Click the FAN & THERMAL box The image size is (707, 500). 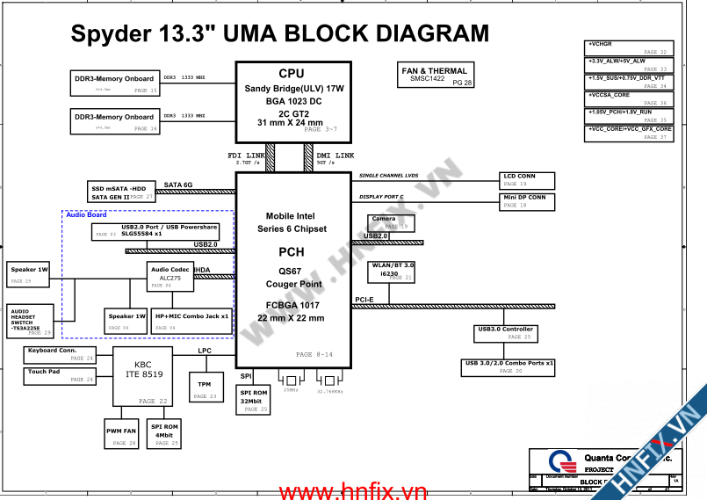coord(436,76)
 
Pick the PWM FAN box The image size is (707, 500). coord(122,434)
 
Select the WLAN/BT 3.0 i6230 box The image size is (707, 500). coord(393,272)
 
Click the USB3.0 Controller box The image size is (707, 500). coord(506,333)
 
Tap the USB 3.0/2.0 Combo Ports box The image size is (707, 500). coord(510,366)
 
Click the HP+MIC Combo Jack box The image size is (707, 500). coord(191,321)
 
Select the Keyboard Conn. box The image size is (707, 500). coord(60,354)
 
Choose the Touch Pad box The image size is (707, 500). coord(60,376)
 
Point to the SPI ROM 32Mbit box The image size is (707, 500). coord(255,401)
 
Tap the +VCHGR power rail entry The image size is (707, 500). coord(629,47)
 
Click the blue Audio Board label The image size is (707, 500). coord(86,215)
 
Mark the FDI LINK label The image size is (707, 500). coord(246,156)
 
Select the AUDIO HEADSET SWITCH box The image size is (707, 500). coord(31,321)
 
